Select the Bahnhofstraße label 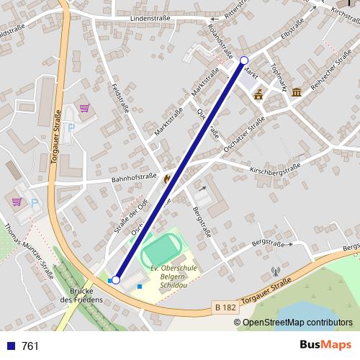(133, 177)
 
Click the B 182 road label (225, 307)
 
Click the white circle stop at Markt (244, 60)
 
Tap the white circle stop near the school (116, 280)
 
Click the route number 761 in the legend (30, 346)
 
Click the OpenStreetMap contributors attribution (297, 323)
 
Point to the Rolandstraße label (220, 41)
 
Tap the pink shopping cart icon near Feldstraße (86, 109)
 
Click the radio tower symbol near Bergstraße (275, 273)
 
